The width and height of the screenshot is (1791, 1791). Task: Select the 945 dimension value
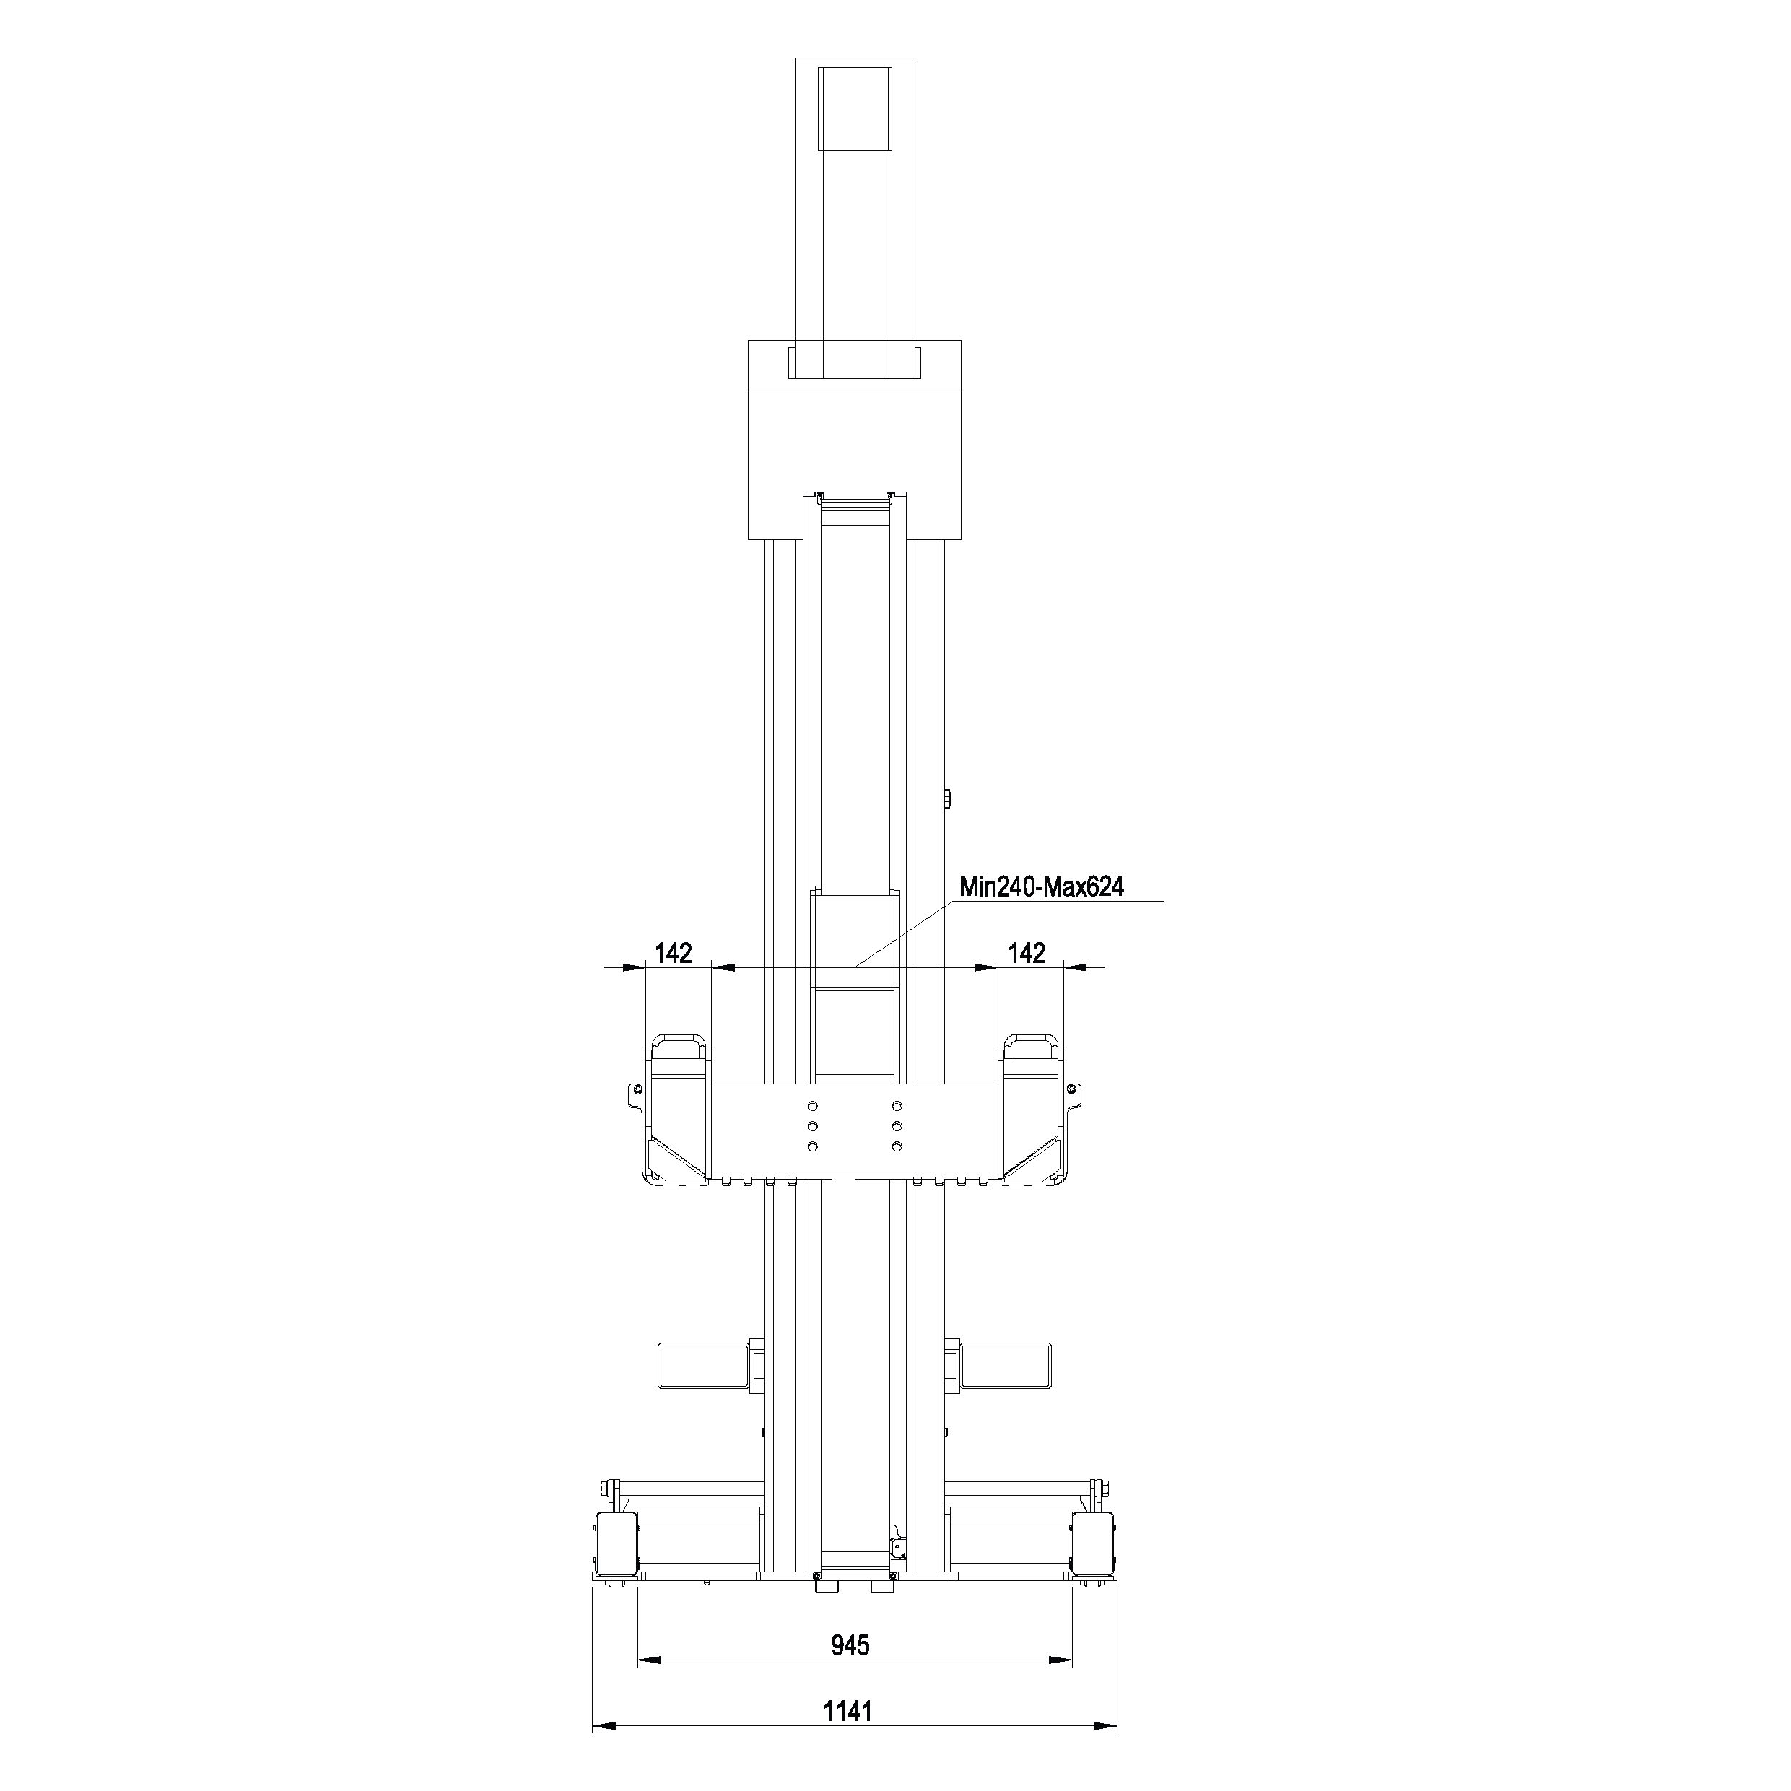(x=850, y=1644)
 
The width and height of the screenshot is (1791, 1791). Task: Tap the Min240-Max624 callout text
(x=1041, y=887)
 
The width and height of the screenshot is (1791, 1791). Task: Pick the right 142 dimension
(x=1027, y=953)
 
